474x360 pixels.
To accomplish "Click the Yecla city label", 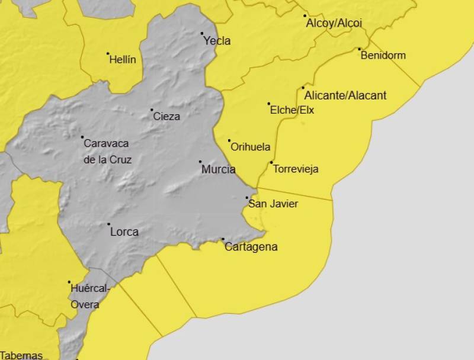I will tap(217, 41).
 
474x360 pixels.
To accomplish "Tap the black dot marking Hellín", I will tap(108, 54).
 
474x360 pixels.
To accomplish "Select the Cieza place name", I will tap(166, 117).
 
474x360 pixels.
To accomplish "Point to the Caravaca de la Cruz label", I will tap(107, 151).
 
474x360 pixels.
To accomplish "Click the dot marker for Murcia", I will tap(200, 162).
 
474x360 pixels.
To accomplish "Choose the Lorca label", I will tap(124, 232).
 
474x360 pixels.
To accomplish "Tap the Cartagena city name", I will tap(251, 247).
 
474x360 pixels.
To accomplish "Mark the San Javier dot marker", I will tap(247, 198).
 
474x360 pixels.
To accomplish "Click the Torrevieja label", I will tap(296, 169).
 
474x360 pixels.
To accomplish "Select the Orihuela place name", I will tap(251, 147).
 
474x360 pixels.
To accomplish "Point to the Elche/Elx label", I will tap(292, 110).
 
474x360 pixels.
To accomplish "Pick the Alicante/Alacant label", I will tap(345, 95).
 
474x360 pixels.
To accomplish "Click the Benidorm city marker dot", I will tap(359, 49).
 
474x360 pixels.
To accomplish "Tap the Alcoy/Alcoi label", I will tap(334, 24).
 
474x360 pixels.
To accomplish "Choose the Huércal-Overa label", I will tap(89, 297).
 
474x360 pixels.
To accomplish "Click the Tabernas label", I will tap(22, 355).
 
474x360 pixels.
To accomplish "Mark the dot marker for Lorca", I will tap(108, 224).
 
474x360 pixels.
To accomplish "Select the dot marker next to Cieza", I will tap(152, 110).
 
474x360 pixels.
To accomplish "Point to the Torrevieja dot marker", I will tap(271, 162).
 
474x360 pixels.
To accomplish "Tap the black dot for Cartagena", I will tap(223, 239).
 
